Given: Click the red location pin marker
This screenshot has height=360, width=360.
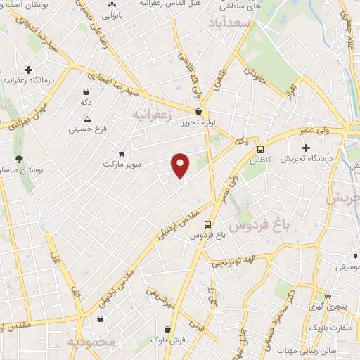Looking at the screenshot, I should point(181,165).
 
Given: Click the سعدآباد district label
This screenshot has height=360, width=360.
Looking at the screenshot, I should point(229,25).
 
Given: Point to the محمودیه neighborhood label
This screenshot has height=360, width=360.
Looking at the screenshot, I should point(91,342).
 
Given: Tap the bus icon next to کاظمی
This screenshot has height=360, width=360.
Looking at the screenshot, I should point(261,149).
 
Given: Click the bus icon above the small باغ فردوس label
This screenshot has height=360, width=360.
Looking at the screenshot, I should point(207,225).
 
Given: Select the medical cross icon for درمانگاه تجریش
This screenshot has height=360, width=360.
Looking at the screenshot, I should point(306,148).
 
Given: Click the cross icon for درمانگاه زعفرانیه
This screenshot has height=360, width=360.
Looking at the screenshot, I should point(28,70).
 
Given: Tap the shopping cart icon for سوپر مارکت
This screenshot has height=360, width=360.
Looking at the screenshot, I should point(122,153).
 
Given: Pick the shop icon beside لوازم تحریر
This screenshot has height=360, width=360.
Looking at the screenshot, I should point(199,111).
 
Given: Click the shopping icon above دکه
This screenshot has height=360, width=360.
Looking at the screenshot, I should point(86,91).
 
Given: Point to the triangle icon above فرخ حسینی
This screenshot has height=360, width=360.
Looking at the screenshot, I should point(87,119).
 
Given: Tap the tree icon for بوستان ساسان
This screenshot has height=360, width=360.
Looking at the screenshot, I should point(19,159).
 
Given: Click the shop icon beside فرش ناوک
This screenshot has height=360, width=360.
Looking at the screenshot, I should point(167,328).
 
